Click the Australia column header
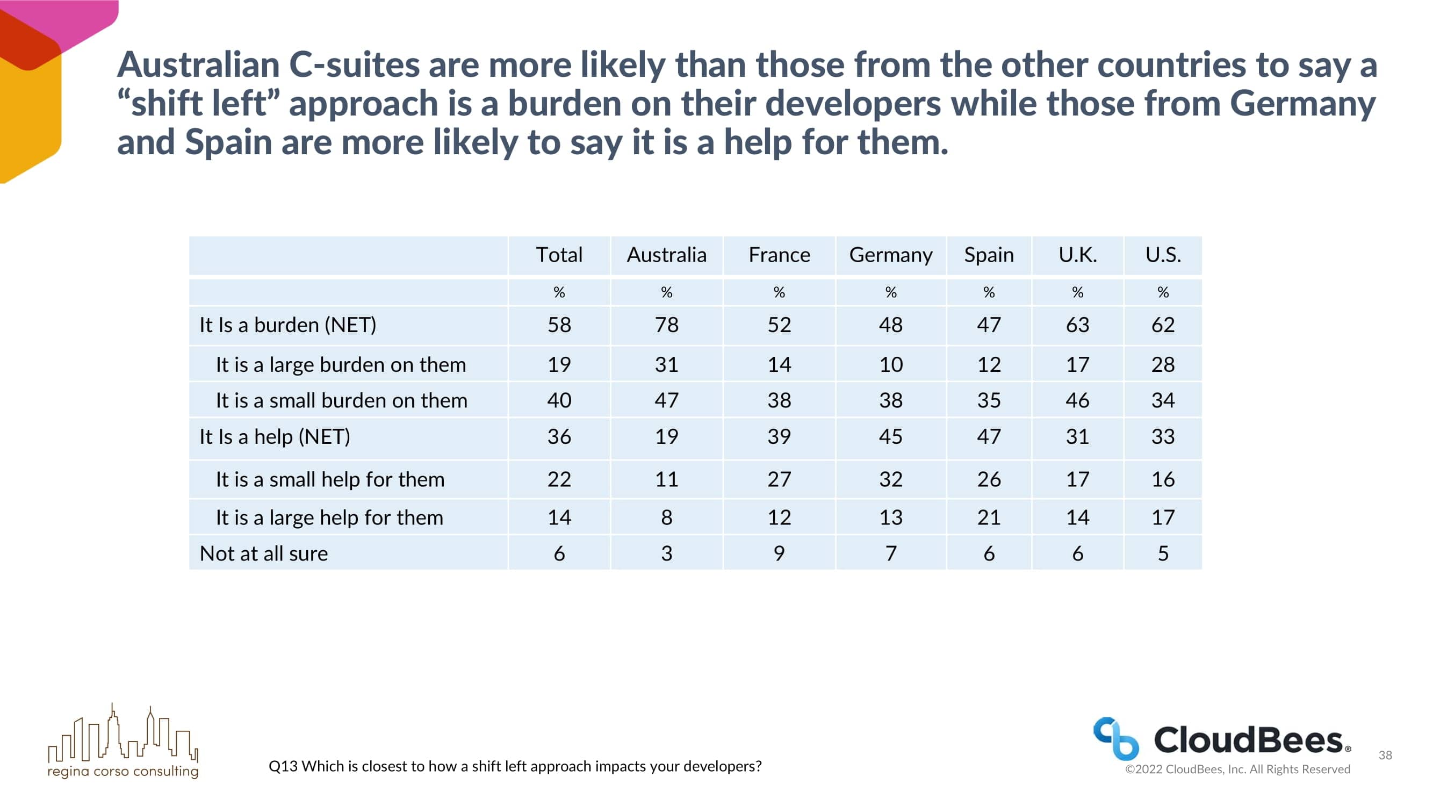666,255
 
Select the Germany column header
891,255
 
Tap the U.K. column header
1077,255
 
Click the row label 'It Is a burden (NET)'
287,325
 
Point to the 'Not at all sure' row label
264,553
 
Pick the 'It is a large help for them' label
329,517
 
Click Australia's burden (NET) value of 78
666,325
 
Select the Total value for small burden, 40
559,400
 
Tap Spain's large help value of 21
989,517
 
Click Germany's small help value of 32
891,479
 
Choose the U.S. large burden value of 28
1163,364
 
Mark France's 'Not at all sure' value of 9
779,553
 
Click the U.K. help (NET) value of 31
1077,437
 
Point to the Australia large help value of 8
666,517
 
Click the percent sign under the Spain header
989,292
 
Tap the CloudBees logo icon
1115,738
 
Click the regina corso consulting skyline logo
123,734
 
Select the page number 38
1385,755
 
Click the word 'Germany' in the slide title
1302,104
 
